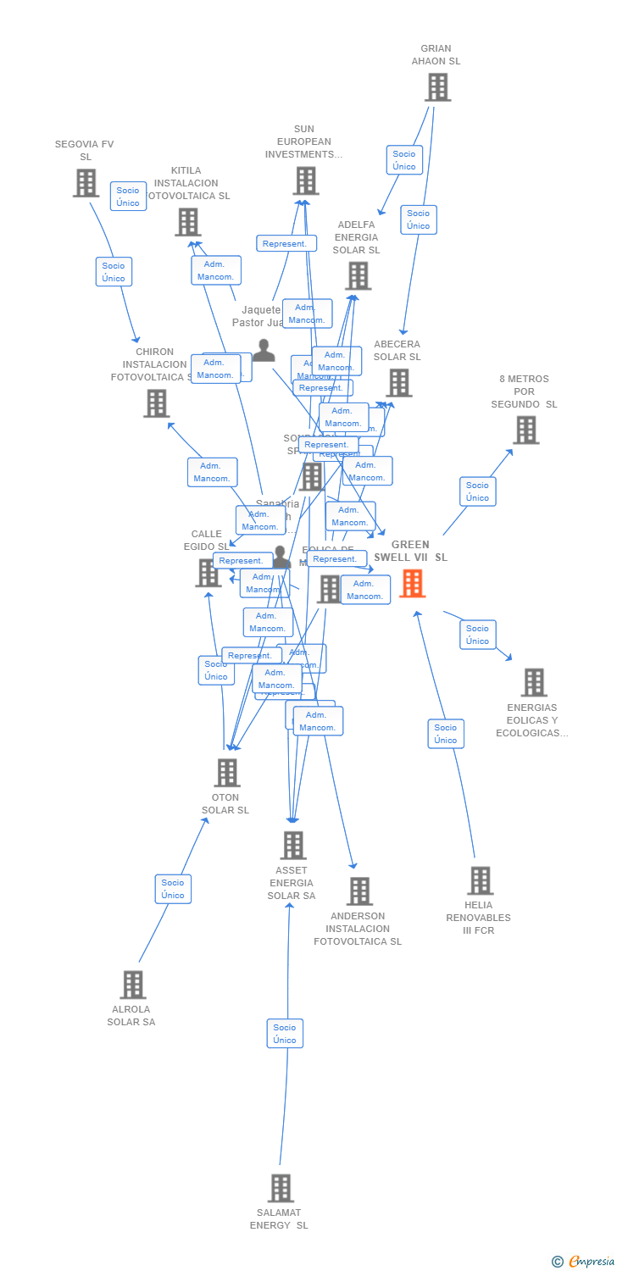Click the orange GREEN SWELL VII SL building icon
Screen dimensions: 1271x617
[x=413, y=583]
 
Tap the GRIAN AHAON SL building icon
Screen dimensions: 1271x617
[x=437, y=87]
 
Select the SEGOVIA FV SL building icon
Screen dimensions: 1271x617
[x=86, y=183]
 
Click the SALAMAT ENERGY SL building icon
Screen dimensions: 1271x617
[x=281, y=1188]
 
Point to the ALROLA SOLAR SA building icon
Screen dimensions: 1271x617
[x=132, y=985]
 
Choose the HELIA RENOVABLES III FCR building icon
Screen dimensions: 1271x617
[x=480, y=880]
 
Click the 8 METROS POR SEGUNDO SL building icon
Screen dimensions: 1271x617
[x=525, y=430]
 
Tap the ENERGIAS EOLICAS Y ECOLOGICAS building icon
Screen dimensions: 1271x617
[x=534, y=682]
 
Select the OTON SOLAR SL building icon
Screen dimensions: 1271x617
[x=226, y=773]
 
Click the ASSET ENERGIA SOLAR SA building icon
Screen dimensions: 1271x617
[x=292, y=846]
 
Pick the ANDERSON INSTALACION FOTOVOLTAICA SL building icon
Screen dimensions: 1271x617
[x=359, y=891]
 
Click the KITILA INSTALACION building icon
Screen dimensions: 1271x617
[x=187, y=222]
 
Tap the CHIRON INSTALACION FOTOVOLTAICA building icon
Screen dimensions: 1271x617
[x=156, y=403]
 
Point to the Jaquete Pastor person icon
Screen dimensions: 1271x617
[x=264, y=350]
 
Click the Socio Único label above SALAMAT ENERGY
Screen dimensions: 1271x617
[x=285, y=1034]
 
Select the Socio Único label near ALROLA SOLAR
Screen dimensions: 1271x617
[x=173, y=889]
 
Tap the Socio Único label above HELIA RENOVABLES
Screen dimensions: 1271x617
[x=446, y=734]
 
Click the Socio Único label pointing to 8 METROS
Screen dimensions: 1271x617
[x=477, y=491]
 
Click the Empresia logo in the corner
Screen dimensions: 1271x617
[x=584, y=1261]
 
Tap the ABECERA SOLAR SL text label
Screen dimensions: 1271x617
[x=397, y=351]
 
